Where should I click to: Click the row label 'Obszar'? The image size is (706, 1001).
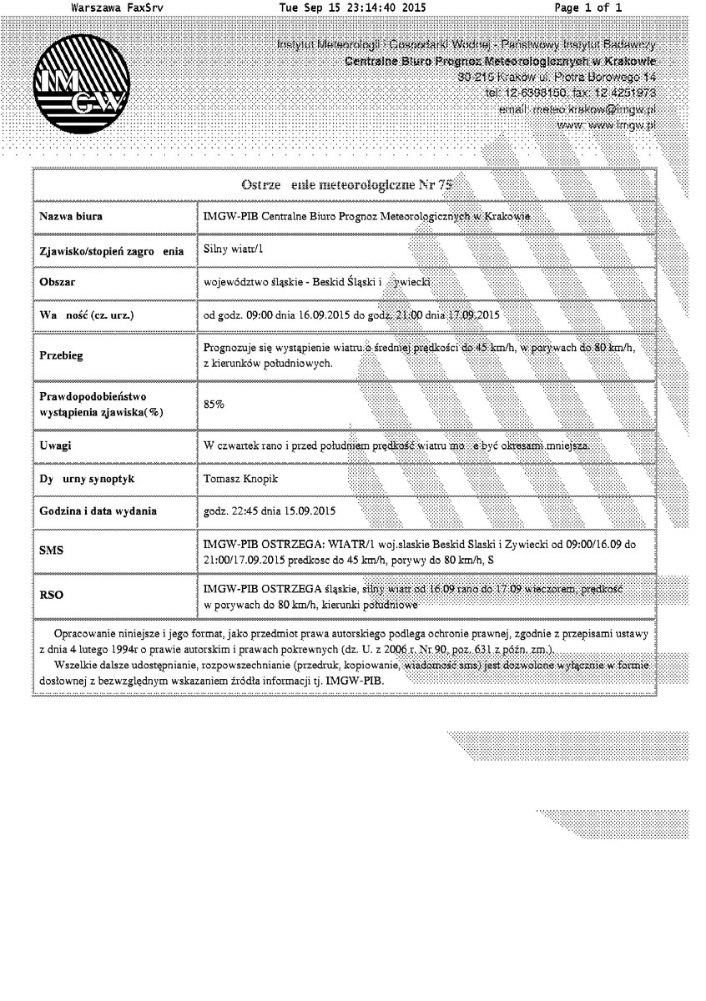coord(58,283)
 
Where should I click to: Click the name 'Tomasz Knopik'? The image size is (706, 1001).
coord(241,479)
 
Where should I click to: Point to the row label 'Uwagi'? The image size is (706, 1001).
coord(55,445)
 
